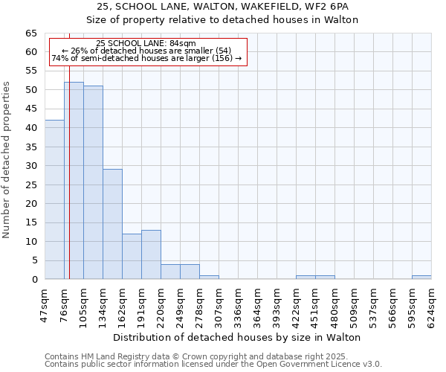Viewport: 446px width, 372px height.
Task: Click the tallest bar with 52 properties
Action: click(x=74, y=181)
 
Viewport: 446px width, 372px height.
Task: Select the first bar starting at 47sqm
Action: click(x=54, y=199)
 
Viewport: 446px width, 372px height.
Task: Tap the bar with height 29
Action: click(x=112, y=224)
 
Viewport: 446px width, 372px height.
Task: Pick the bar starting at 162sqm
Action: click(x=132, y=257)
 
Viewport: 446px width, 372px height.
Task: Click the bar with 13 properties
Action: click(x=151, y=254)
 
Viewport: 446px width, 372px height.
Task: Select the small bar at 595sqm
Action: click(x=421, y=278)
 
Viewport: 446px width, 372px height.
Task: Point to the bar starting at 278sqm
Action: click(x=209, y=278)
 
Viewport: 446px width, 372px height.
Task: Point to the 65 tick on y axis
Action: click(x=31, y=33)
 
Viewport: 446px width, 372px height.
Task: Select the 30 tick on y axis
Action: click(x=31, y=166)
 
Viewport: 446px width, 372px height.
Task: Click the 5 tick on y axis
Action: click(x=34, y=260)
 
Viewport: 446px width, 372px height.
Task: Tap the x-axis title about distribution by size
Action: click(x=238, y=337)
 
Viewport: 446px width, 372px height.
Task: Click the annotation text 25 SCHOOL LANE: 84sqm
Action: click(x=146, y=44)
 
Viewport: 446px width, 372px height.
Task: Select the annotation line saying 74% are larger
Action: click(x=146, y=58)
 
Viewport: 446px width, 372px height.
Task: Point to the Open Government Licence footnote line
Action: click(x=213, y=364)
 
